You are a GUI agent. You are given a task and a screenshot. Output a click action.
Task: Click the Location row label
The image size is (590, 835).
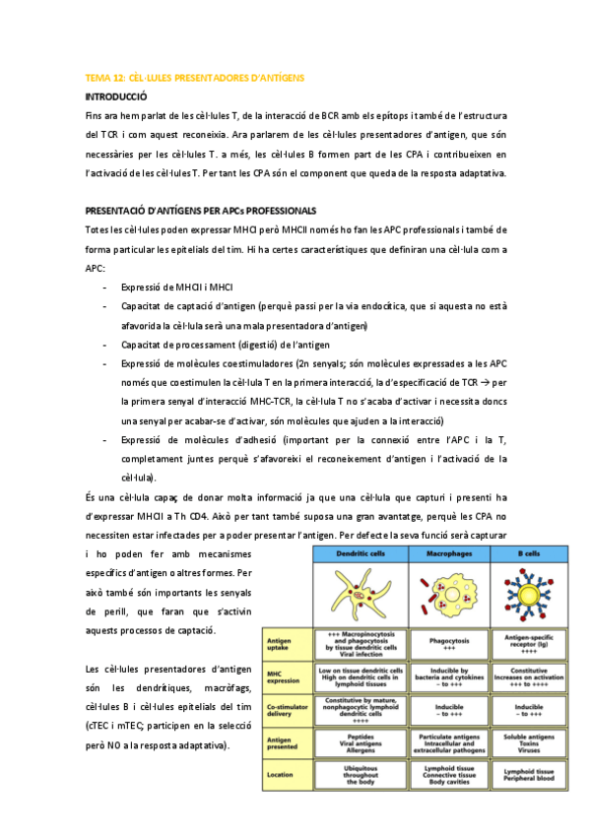click(282, 774)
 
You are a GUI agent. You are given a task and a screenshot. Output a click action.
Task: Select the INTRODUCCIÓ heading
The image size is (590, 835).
click(116, 96)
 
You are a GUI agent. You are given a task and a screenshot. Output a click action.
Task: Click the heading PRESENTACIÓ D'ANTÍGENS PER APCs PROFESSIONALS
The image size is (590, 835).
click(201, 210)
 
